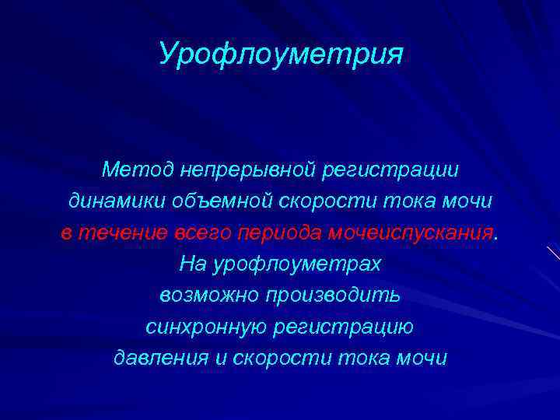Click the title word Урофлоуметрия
[x=280, y=54]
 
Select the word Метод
[x=138, y=169]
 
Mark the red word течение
[x=121, y=233]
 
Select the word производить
[x=333, y=296]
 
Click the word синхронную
[x=206, y=327]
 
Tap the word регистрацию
[x=344, y=327]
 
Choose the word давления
[x=161, y=359]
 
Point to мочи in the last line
[x=421, y=359]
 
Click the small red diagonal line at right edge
[x=553, y=253]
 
